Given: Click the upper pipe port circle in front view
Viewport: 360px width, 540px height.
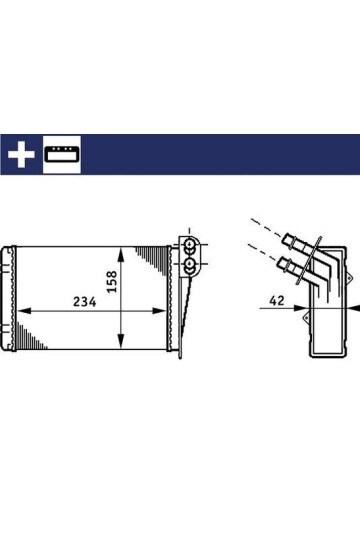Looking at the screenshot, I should click(x=189, y=246).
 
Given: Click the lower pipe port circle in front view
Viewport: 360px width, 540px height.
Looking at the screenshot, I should click(x=189, y=266).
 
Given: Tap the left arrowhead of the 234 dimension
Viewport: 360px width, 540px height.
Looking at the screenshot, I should click(x=23, y=311).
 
